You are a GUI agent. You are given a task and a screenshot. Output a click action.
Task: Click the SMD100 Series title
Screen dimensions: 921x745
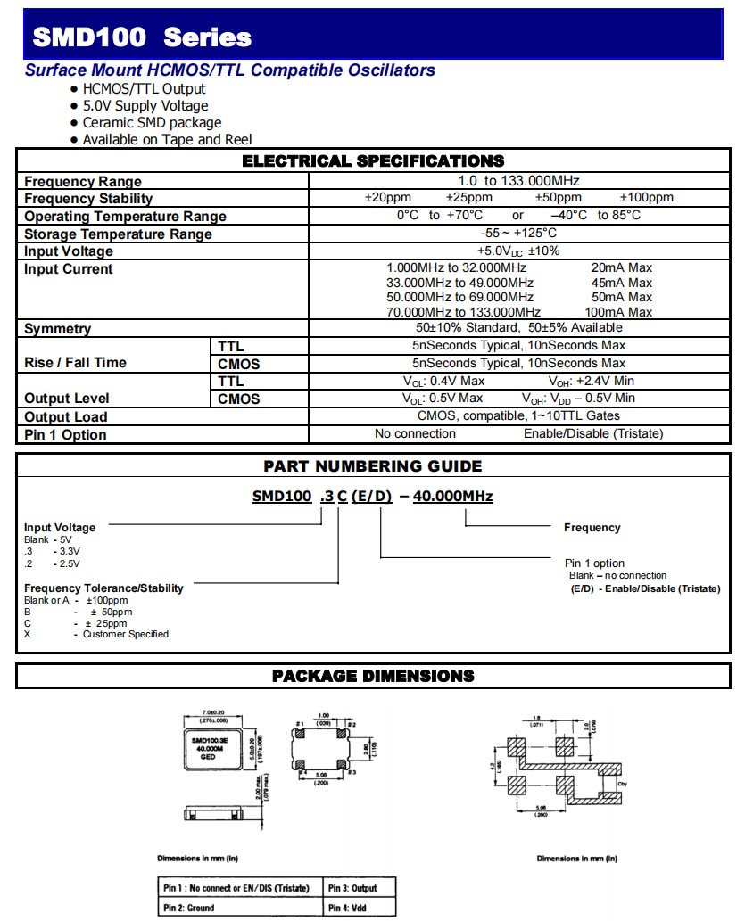point(142,37)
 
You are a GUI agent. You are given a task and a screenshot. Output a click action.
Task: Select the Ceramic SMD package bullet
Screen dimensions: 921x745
point(152,123)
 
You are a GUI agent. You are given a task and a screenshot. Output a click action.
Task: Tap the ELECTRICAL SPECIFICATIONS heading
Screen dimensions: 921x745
point(373,161)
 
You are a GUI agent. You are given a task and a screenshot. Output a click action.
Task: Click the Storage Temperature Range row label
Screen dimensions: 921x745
point(118,234)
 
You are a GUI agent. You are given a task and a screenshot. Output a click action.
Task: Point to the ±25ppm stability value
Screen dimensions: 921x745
point(469,198)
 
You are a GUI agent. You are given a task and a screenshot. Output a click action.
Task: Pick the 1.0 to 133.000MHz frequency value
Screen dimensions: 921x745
point(518,181)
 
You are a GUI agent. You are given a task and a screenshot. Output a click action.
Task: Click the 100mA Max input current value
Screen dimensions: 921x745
point(618,312)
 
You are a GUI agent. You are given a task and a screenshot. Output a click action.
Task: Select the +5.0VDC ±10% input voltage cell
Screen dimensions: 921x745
point(518,251)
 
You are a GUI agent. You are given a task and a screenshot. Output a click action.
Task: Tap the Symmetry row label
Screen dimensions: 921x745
point(57,329)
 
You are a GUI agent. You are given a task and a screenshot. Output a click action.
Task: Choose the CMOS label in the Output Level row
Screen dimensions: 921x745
point(239,399)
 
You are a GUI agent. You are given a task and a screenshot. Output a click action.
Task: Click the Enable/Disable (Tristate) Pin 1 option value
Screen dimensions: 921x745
point(593,434)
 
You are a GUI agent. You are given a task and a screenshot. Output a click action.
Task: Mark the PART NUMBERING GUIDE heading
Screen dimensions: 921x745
point(372,466)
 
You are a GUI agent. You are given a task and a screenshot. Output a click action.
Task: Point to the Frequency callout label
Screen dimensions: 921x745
point(592,528)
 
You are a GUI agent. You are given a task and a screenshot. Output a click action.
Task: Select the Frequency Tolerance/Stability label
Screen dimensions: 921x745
point(103,588)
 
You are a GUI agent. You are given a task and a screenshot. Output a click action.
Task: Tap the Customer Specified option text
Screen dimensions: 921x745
point(126,635)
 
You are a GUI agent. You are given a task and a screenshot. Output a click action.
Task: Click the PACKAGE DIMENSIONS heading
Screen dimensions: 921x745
point(373,677)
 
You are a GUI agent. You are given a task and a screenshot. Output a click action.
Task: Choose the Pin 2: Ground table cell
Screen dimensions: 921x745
point(188,909)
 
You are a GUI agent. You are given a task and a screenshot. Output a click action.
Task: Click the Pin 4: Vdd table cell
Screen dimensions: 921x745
point(347,909)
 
